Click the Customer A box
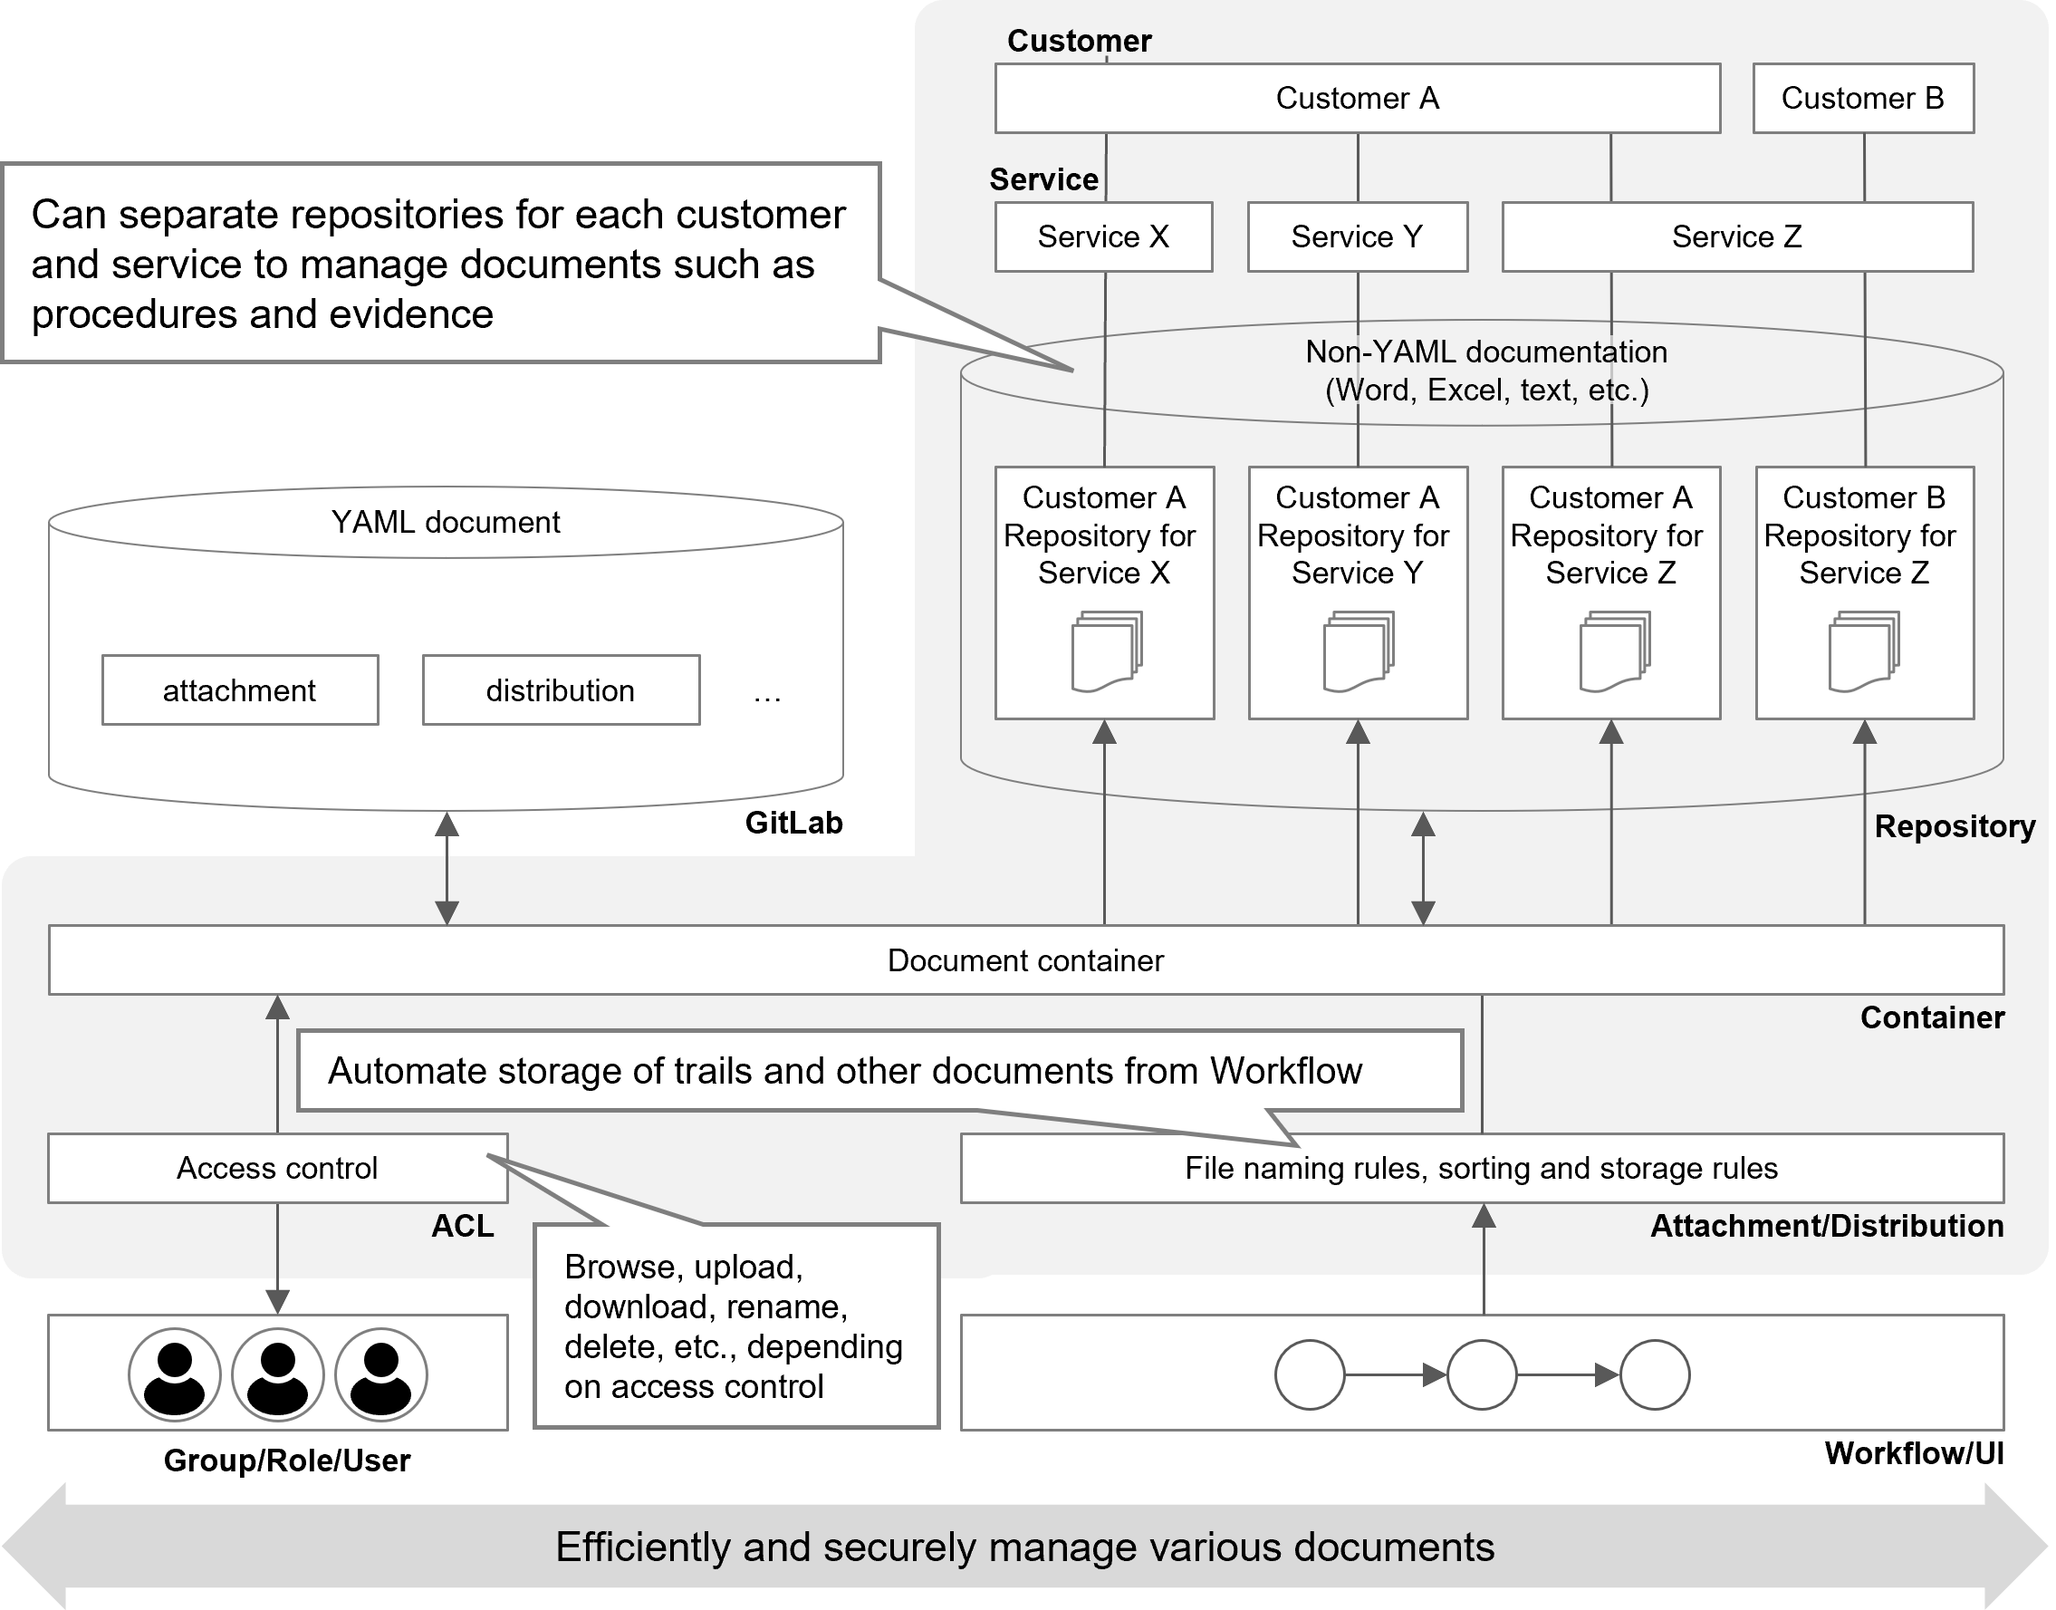[x=1357, y=98]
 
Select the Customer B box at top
[x=1862, y=98]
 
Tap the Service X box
[x=1102, y=236]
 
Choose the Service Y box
[x=1357, y=236]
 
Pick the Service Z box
[x=1736, y=236]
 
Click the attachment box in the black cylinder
[x=239, y=690]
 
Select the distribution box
[x=561, y=690]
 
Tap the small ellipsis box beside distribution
[x=767, y=691]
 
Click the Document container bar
[x=1025, y=959]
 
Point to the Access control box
[x=277, y=1168]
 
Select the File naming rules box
[x=1481, y=1168]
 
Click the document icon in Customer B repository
[x=1863, y=652]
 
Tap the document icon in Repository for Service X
[x=1105, y=652]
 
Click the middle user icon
[x=277, y=1374]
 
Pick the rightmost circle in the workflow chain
[x=1655, y=1374]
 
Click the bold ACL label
[x=462, y=1226]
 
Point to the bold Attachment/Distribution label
[x=1826, y=1226]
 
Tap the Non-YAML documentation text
[x=1486, y=352]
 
